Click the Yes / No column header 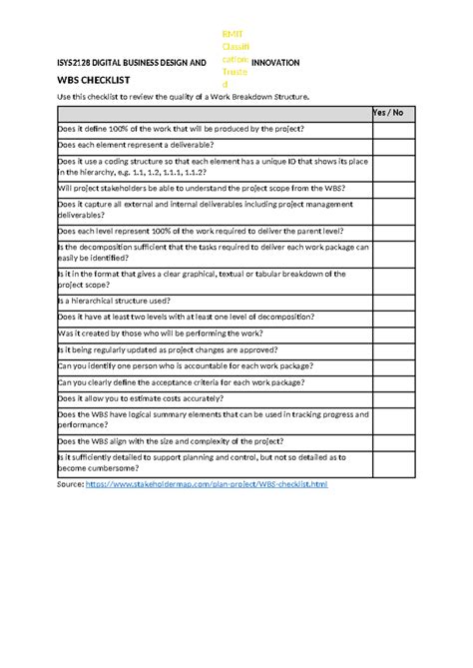pyautogui.click(x=387, y=113)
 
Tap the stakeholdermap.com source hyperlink pyautogui.click(x=207, y=484)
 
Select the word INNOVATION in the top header pyautogui.click(x=275, y=62)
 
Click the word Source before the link pyautogui.click(x=70, y=484)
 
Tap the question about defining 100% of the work pyautogui.click(x=181, y=129)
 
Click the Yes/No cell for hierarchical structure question pyautogui.click(x=387, y=301)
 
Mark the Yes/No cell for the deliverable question pyautogui.click(x=387, y=145)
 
